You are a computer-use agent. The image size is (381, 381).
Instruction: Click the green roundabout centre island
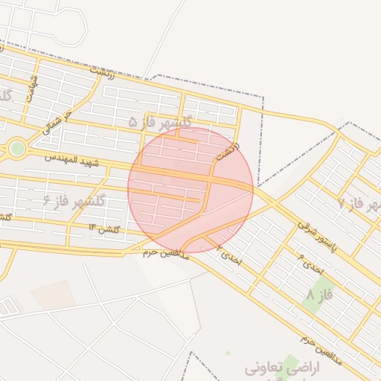(x=17, y=149)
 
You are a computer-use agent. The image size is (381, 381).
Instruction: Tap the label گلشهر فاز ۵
(x=160, y=121)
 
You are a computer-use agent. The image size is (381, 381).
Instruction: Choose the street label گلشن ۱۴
(x=103, y=228)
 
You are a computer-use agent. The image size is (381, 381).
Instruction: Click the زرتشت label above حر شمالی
(x=103, y=73)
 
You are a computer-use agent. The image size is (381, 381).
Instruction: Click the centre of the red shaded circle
(x=190, y=189)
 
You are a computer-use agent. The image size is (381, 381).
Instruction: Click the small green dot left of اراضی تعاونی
(x=228, y=353)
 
